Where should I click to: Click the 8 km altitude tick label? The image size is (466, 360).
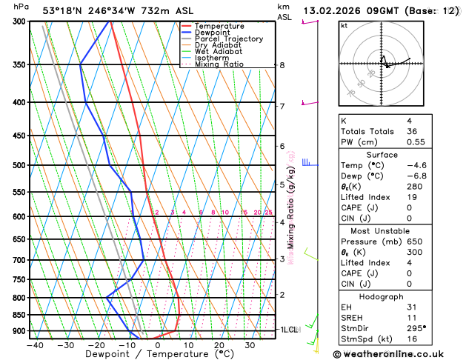tap(282, 65)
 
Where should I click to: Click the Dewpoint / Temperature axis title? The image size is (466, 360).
tap(145, 354)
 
